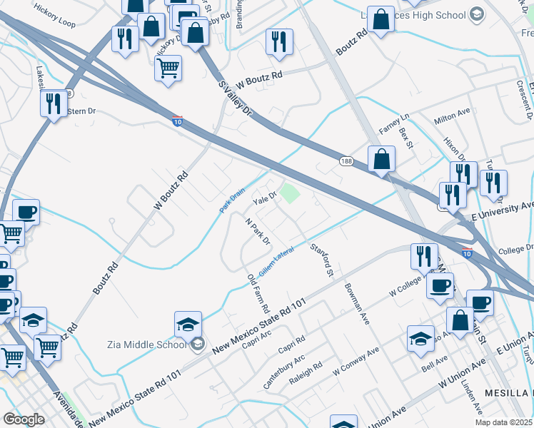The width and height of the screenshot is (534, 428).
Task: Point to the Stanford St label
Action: point(321,260)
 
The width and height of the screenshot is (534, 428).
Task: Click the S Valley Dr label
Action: point(236,100)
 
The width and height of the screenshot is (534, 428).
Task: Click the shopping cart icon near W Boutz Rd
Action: point(168,69)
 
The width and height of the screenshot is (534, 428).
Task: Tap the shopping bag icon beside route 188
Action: point(382,160)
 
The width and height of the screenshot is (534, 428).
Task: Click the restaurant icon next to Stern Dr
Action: point(53,104)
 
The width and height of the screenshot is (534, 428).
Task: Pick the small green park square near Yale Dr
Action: point(288,192)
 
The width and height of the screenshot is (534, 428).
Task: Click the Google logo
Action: point(24,419)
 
